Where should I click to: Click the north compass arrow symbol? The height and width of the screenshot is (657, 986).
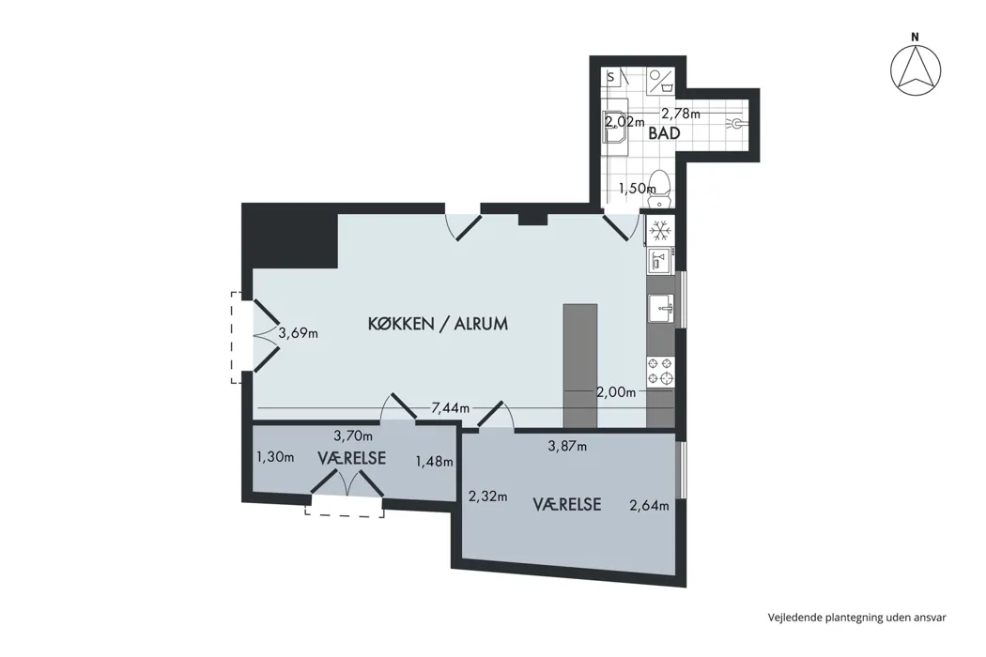click(x=916, y=71)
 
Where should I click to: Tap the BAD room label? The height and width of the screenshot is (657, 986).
click(x=664, y=133)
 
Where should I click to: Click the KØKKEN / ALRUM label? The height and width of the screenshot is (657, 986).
click(x=438, y=324)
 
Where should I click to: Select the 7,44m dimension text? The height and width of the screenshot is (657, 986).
click(x=450, y=408)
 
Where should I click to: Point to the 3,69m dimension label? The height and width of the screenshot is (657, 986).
click(x=298, y=333)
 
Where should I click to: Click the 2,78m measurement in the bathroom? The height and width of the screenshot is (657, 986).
click(x=681, y=114)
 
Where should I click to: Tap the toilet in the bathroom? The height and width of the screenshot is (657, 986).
click(x=659, y=188)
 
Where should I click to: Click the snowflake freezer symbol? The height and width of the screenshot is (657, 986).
click(x=660, y=232)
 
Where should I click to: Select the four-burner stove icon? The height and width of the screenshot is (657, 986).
click(x=660, y=371)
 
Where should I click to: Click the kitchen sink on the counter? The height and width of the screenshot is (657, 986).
click(x=661, y=308)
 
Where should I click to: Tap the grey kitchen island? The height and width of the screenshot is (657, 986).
click(x=580, y=365)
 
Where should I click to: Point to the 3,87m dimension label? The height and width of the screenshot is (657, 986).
click(x=567, y=447)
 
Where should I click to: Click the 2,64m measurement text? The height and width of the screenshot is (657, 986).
click(x=649, y=505)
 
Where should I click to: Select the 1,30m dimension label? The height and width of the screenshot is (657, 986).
click(x=275, y=457)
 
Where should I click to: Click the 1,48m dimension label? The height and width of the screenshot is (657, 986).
click(x=434, y=462)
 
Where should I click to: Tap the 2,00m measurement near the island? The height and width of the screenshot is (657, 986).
click(x=616, y=392)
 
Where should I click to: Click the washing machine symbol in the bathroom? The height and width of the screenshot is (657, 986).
click(x=661, y=82)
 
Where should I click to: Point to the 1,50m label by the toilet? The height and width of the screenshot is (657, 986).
click(x=637, y=188)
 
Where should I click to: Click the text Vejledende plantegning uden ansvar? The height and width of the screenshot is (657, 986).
click(x=856, y=618)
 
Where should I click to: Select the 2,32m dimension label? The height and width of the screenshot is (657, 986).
click(x=488, y=497)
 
